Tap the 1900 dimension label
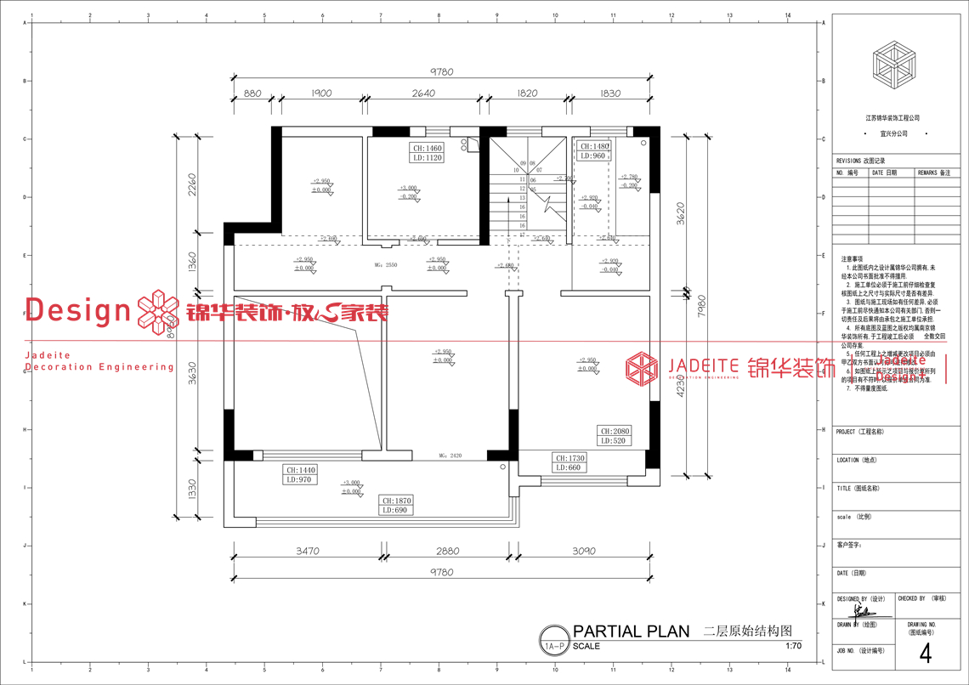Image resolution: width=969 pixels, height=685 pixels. click(x=320, y=93)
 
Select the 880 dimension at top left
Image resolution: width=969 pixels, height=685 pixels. click(x=252, y=93)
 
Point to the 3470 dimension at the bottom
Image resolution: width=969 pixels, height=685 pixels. click(x=308, y=552)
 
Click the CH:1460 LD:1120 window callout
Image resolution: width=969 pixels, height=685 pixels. click(x=428, y=153)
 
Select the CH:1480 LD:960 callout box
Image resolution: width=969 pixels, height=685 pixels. click(x=592, y=151)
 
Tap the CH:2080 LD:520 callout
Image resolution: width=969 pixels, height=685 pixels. click(x=615, y=436)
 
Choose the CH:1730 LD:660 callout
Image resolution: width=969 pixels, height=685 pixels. click(x=568, y=462)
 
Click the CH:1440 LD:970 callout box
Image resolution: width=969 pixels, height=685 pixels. click(x=300, y=475)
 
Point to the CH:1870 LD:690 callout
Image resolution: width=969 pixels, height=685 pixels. click(x=396, y=506)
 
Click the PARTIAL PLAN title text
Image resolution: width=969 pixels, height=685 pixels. click(x=632, y=631)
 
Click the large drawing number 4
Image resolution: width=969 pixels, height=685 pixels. click(x=926, y=654)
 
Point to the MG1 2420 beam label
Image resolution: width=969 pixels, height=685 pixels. click(x=450, y=456)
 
